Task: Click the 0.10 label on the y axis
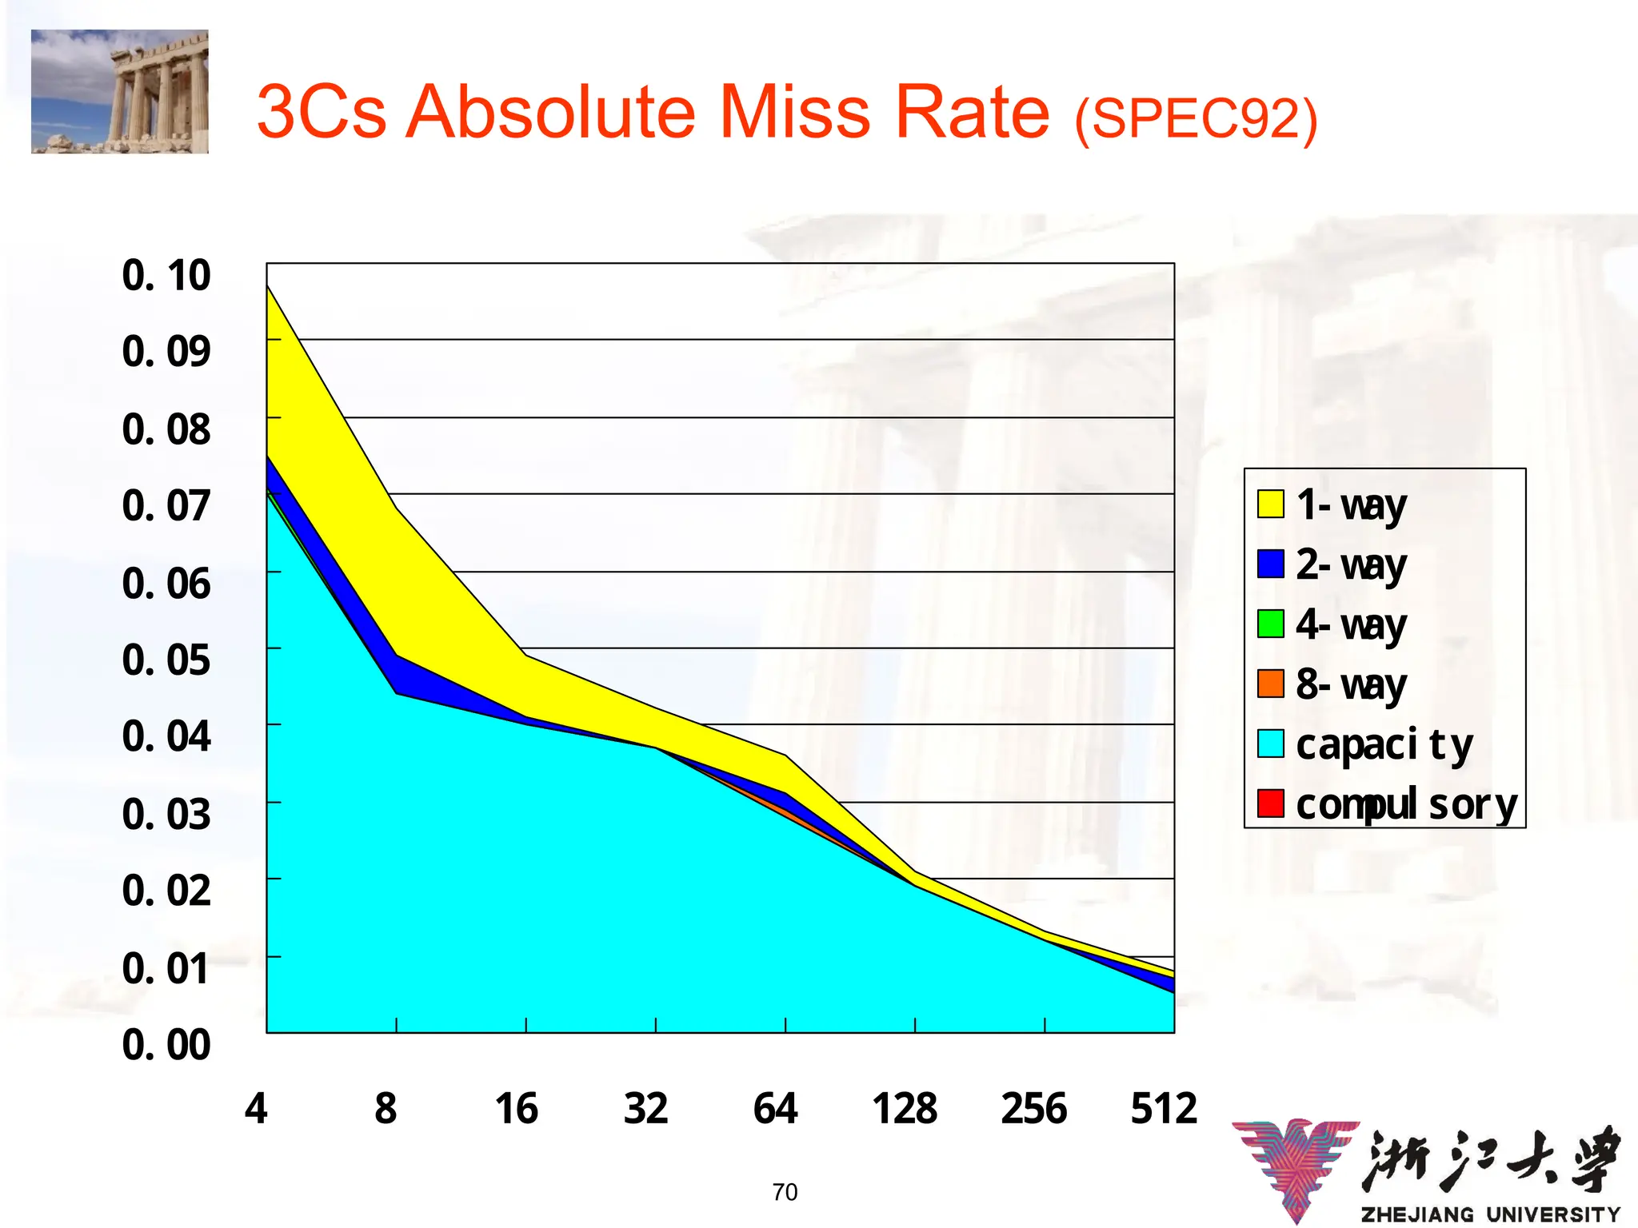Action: pyautogui.click(x=166, y=275)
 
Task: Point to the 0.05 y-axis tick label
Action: pyautogui.click(x=166, y=660)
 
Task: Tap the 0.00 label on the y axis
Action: pyautogui.click(x=166, y=1045)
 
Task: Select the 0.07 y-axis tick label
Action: pyautogui.click(x=166, y=506)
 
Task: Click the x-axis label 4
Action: pyautogui.click(x=256, y=1109)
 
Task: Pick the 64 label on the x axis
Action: pyautogui.click(x=775, y=1109)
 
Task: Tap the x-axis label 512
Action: pyautogui.click(x=1164, y=1109)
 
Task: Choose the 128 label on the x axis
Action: pyautogui.click(x=905, y=1109)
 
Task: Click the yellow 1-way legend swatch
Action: pyautogui.click(x=1270, y=504)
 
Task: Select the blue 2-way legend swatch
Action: pyautogui.click(x=1270, y=564)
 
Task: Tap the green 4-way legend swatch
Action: pyautogui.click(x=1270, y=624)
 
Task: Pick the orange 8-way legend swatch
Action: pyautogui.click(x=1270, y=684)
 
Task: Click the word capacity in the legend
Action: pyautogui.click(x=1384, y=745)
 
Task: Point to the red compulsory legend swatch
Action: pyautogui.click(x=1270, y=803)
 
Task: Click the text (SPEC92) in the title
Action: pyautogui.click(x=1196, y=120)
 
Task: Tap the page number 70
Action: pyautogui.click(x=785, y=1192)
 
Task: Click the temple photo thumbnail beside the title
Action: pyautogui.click(x=120, y=91)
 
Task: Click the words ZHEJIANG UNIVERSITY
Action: pyautogui.click(x=1490, y=1214)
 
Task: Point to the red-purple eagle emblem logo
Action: pyautogui.click(x=1296, y=1167)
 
